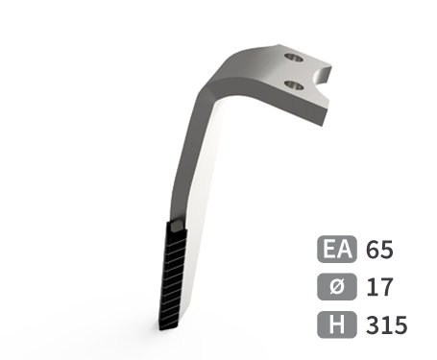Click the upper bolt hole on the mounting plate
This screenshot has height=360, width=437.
294,58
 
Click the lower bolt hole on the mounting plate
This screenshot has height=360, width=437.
294,85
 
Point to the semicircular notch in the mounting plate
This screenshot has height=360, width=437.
321,76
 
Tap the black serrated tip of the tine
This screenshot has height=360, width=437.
173,276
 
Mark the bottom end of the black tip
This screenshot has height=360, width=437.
168,328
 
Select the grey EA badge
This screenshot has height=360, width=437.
337,249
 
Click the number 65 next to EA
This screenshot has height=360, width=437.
379,250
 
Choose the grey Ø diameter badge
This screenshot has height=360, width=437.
337,287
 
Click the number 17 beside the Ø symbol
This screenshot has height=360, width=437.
379,287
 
